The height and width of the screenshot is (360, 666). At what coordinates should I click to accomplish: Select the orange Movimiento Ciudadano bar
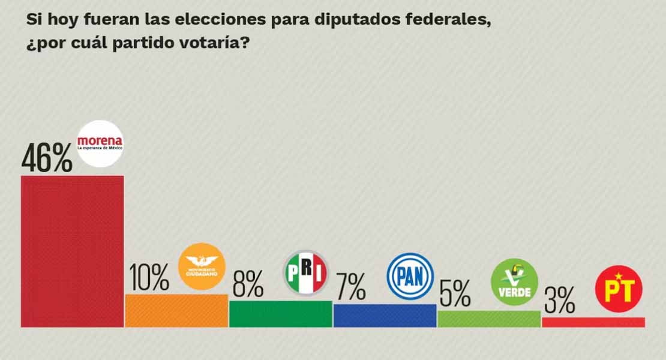point(176,310)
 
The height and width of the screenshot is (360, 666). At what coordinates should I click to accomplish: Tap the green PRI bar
point(280,314)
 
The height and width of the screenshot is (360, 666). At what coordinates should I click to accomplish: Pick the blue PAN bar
point(385,315)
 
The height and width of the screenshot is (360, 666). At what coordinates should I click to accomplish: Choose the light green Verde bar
point(488,319)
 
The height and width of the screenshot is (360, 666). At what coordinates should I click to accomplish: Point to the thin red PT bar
point(593,322)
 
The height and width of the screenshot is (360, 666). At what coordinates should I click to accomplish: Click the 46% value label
point(47,158)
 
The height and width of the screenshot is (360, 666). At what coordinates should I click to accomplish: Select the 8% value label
point(248,284)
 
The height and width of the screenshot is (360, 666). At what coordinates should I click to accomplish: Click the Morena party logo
point(100,145)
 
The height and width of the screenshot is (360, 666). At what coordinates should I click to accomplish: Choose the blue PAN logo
point(410,276)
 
